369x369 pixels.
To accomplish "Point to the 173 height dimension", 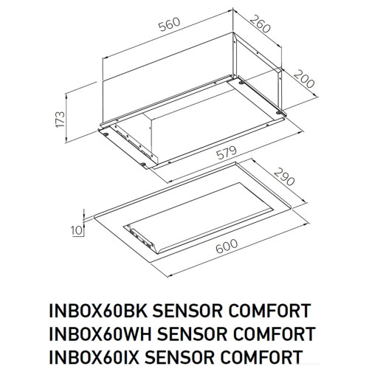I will click(61, 118).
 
